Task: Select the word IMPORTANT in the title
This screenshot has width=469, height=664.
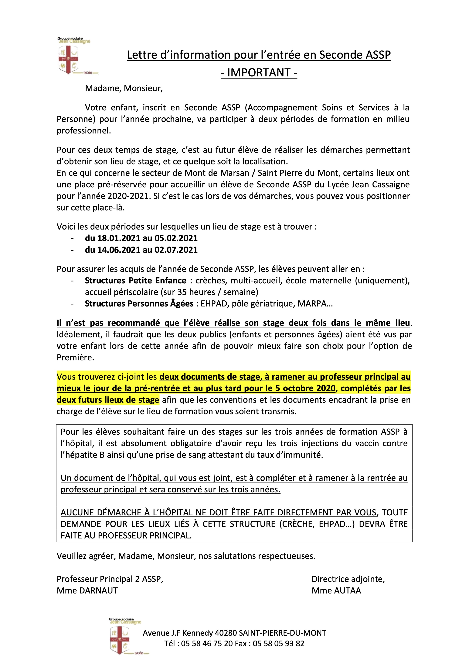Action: (x=259, y=73)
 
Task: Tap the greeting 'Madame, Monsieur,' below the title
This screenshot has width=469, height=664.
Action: (x=124, y=88)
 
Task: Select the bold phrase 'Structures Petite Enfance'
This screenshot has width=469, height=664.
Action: (x=136, y=281)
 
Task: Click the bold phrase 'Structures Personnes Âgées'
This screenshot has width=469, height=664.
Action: (x=139, y=304)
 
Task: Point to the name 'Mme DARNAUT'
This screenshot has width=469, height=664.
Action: (x=87, y=590)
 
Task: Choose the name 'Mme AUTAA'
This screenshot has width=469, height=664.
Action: (x=336, y=590)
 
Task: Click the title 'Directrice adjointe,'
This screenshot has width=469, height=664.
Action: (x=348, y=579)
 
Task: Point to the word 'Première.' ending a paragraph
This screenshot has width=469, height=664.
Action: (x=75, y=358)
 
